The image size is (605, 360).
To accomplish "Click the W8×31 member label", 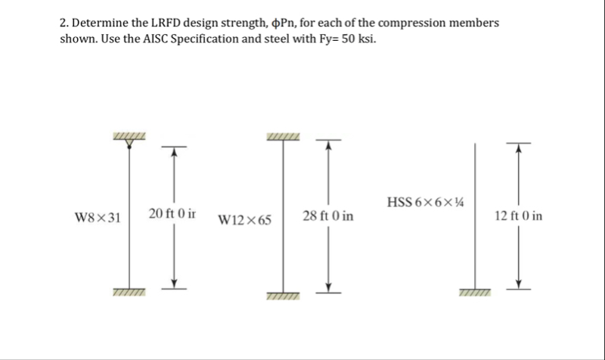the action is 98,218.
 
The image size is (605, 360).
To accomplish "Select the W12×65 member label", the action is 244,220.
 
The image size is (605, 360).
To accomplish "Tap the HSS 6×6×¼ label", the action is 425,202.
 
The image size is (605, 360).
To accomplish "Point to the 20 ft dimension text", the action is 172,213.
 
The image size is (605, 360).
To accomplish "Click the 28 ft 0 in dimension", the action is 328,216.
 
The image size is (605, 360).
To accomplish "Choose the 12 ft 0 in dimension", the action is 519,216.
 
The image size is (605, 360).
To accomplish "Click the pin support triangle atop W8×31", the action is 129,144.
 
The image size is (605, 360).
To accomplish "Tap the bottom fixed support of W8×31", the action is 129,292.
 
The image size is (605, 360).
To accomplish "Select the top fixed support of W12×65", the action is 283,137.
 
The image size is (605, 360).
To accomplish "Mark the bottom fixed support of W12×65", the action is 283,296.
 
